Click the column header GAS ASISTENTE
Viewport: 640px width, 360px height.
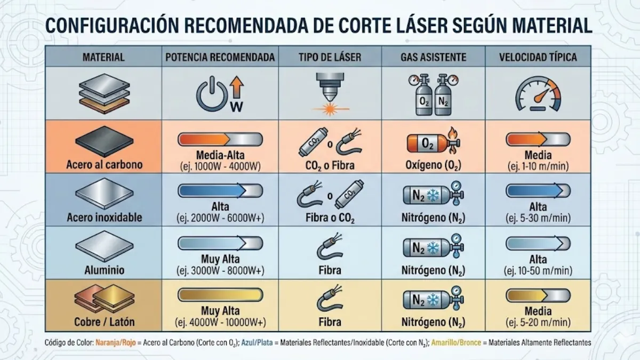[x=433, y=57]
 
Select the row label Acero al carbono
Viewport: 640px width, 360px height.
[x=105, y=164]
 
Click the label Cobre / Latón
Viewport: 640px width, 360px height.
[x=105, y=322]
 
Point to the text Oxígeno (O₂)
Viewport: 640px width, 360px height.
[x=433, y=165]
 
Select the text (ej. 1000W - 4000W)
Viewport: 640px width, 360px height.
[x=220, y=166]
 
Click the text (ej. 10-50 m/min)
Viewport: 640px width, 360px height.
[x=538, y=271]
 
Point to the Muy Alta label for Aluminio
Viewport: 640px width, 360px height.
[x=220, y=260]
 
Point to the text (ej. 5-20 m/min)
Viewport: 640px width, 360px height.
[x=538, y=323]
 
